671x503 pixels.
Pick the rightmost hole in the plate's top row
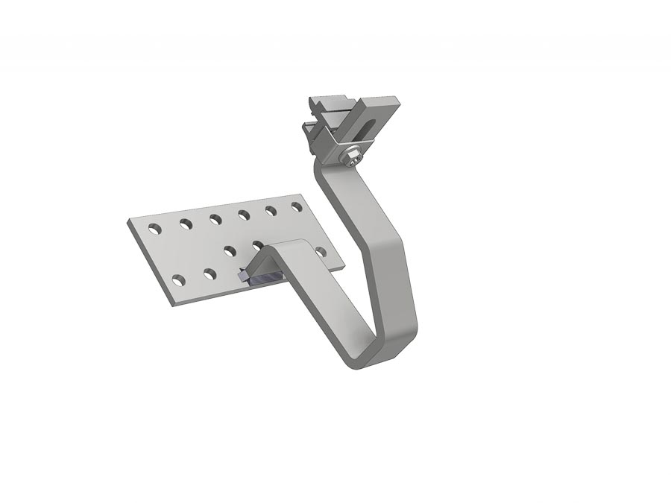(296, 206)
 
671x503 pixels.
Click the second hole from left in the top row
(183, 221)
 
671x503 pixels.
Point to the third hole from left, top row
(215, 218)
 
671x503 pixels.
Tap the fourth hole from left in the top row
(243, 215)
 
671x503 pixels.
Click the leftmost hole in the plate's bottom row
(178, 279)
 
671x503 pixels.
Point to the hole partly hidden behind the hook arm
(258, 244)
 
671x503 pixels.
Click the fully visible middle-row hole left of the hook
(230, 250)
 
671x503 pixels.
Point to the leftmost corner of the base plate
(128, 221)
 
